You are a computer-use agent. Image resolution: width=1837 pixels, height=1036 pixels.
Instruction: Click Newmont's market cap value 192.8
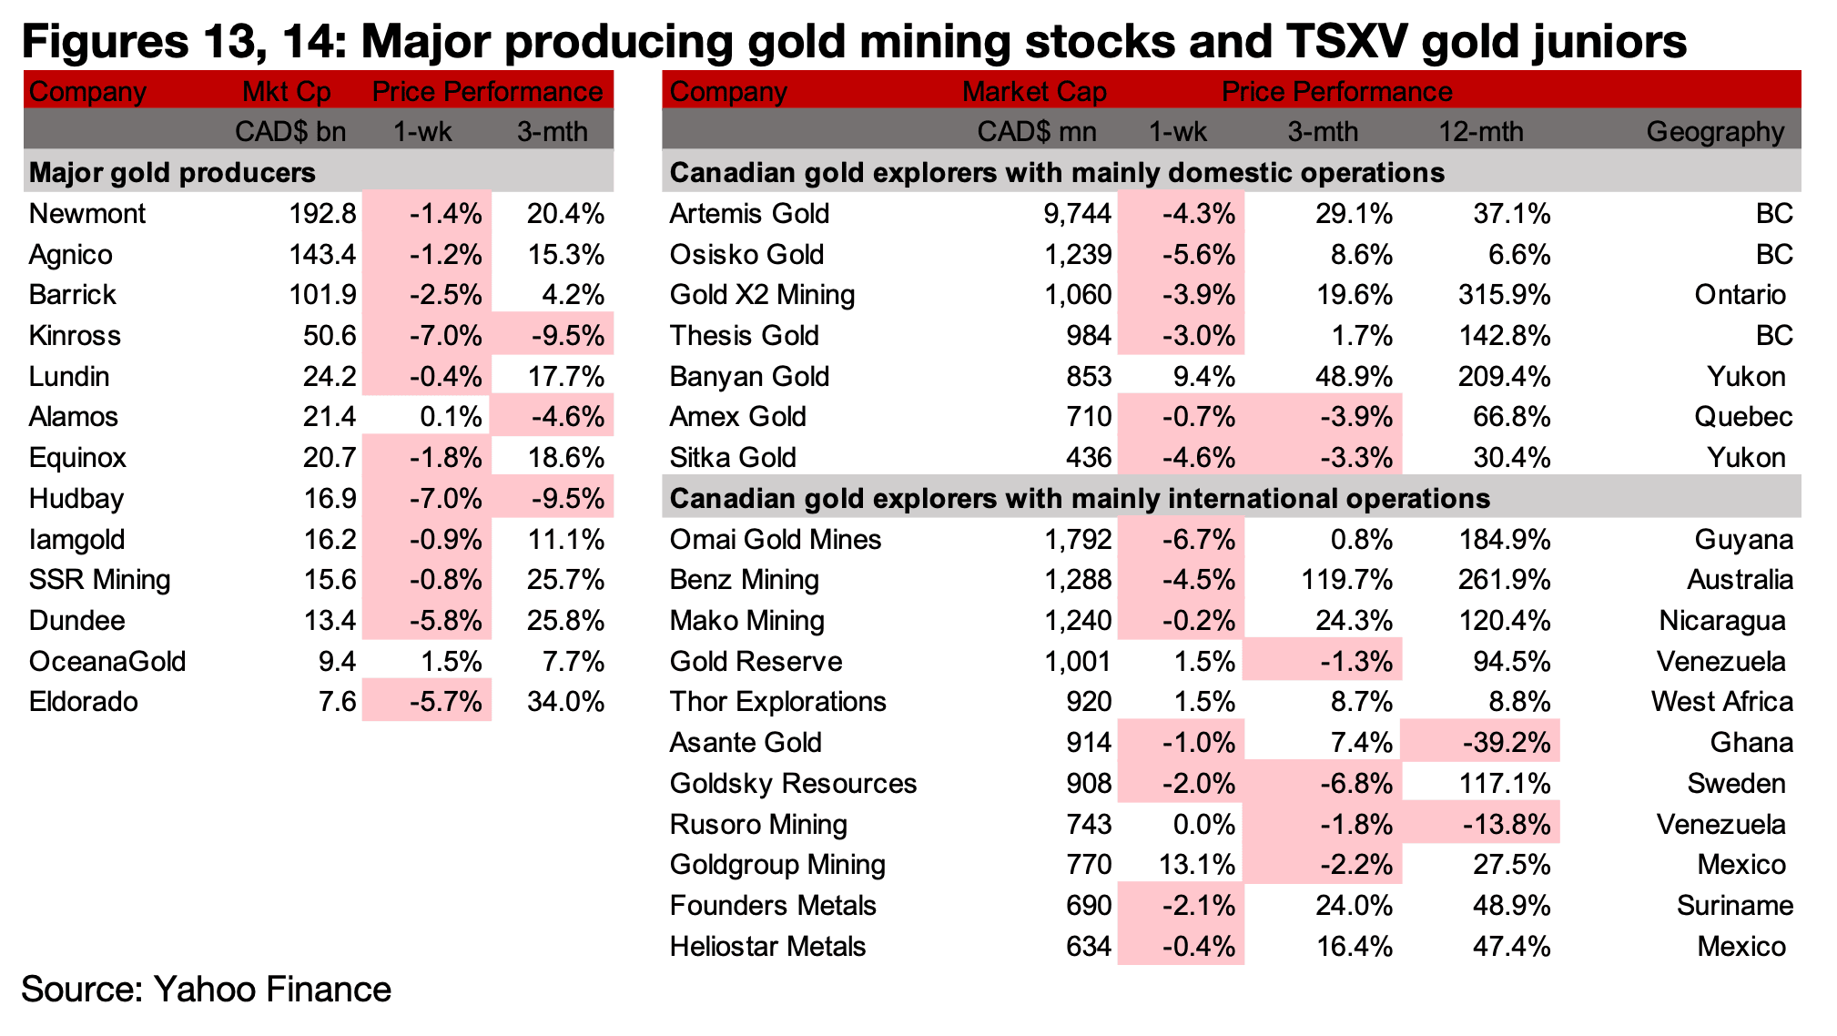tap(322, 214)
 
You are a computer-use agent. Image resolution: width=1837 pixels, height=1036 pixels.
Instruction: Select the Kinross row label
tap(75, 336)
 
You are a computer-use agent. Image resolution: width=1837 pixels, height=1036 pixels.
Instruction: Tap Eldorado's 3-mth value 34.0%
tap(565, 702)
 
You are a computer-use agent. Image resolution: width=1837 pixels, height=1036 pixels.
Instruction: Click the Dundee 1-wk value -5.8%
tap(445, 621)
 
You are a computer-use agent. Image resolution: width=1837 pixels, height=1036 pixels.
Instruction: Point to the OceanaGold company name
tap(107, 662)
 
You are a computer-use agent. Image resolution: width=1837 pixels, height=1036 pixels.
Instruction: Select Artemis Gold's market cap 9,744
tap(1078, 214)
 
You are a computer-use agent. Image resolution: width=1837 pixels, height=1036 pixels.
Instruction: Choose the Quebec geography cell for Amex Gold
tap(1743, 417)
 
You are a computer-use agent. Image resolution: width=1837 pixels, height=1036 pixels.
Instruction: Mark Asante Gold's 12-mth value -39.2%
tap(1506, 743)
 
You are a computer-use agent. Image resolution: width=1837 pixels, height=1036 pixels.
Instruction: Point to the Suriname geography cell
tap(1735, 906)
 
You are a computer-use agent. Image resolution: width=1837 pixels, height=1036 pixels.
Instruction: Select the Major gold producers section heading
tap(173, 173)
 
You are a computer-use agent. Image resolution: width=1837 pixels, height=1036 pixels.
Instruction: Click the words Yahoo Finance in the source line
tap(273, 990)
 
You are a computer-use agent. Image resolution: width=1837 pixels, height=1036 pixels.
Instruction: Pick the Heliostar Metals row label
tap(767, 947)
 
